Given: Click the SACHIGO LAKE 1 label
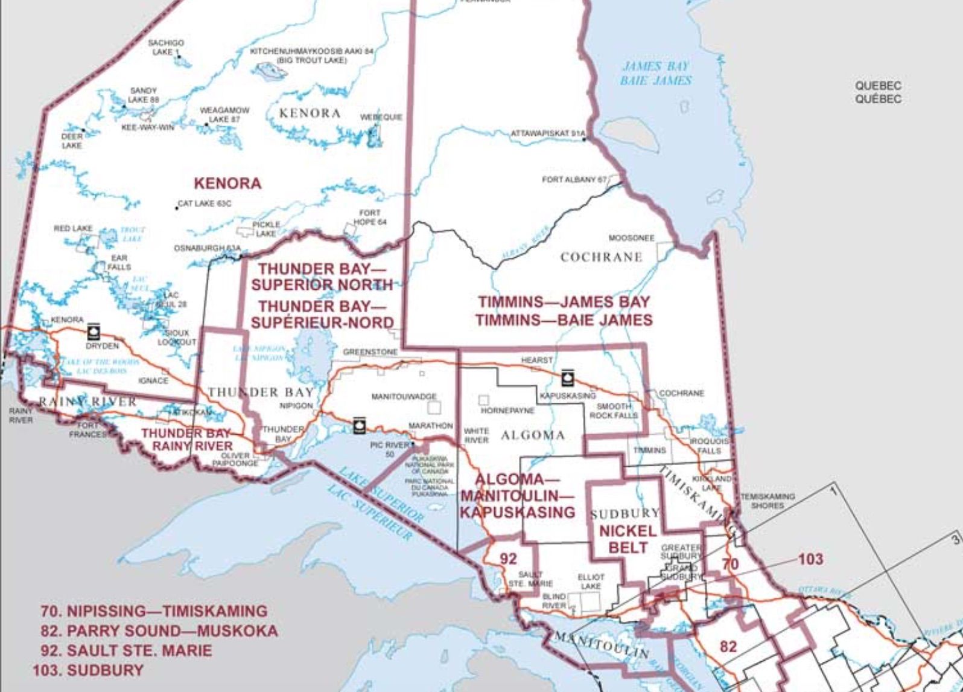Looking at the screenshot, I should pos(165,48).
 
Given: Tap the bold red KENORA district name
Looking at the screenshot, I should pos(227,183).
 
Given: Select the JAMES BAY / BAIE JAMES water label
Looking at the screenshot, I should pos(655,73).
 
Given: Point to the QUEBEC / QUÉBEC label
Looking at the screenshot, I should pos(878,92).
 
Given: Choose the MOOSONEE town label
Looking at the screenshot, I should pos(631,238).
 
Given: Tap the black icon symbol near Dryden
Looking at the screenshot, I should pos(93,332).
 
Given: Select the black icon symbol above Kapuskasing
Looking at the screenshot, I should pos(567,378).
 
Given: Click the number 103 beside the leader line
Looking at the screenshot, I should pos(810,559).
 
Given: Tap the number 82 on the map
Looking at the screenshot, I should pos(728,647).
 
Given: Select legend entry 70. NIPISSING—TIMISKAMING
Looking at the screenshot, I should pos(154,611).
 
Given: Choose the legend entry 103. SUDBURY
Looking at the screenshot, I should pos(88,670).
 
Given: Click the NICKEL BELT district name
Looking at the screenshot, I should pos(628,539).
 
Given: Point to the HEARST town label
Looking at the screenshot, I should pos(536,360).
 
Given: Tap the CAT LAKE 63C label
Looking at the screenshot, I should pos(205,204).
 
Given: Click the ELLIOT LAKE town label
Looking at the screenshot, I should pos(590,581).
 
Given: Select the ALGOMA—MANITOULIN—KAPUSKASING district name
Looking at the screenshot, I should pos(517,496).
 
